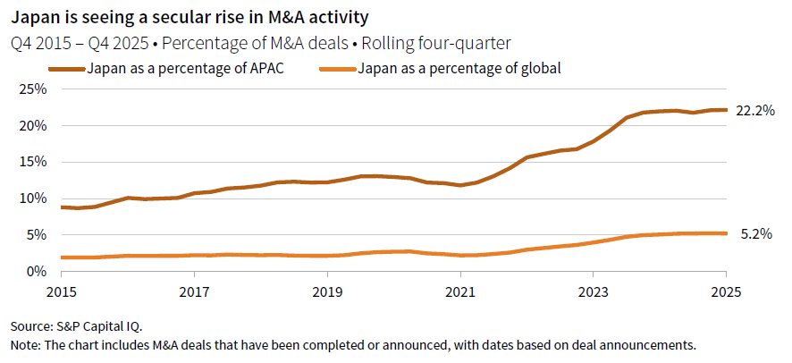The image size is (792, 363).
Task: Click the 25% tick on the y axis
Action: click(x=32, y=89)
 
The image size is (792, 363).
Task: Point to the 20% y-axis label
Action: click(x=32, y=126)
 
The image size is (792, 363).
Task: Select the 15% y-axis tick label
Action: click(x=32, y=162)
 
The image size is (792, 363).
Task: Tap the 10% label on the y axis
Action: click(x=32, y=198)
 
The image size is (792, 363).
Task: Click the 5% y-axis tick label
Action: click(x=36, y=235)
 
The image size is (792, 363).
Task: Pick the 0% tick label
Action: click(x=36, y=271)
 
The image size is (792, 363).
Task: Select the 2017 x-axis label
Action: click(x=194, y=291)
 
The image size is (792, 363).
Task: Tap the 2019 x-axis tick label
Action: click(x=327, y=291)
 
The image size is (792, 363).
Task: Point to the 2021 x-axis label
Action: click(x=460, y=291)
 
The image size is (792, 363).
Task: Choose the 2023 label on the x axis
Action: click(x=594, y=291)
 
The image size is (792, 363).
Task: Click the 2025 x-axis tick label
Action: click(x=726, y=291)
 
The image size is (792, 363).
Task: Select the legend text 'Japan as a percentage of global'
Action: click(x=459, y=68)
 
